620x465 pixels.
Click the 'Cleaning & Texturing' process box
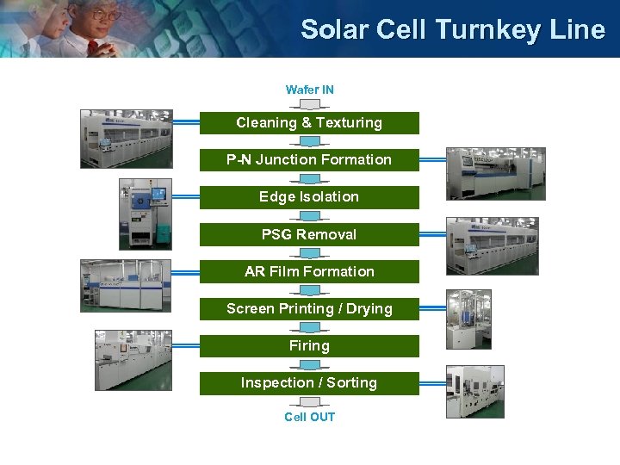[309, 123]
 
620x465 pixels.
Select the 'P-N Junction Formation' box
[309, 160]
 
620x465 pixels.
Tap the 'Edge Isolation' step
[309, 197]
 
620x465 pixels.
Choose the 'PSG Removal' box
[309, 234]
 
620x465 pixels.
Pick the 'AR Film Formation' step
[309, 271]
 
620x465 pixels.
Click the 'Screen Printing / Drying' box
[309, 308]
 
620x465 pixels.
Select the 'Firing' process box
[309, 345]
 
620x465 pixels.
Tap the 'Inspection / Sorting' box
[309, 382]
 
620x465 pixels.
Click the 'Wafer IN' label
[310, 90]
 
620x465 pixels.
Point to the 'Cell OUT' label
[310, 418]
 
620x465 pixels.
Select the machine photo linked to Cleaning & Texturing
[126, 139]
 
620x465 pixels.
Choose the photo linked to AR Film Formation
[126, 285]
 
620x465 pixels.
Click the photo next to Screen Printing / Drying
[468, 319]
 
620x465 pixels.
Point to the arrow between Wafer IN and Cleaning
[309, 104]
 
